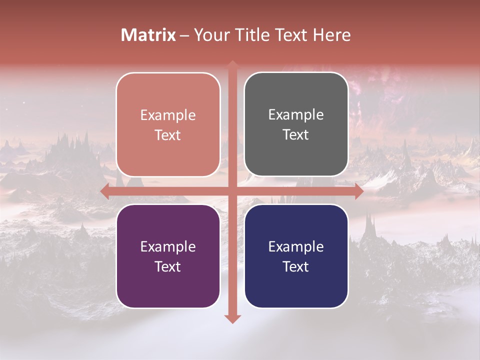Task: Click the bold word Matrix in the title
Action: coord(148,35)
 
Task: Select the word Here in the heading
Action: coord(331,35)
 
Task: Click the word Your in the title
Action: coord(209,35)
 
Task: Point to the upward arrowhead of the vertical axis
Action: coord(232,64)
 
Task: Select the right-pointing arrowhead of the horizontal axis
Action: coord(359,191)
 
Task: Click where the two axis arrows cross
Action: coord(232,191)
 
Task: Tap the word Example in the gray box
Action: coord(296,115)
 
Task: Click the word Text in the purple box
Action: coord(168,266)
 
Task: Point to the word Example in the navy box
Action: coord(296,246)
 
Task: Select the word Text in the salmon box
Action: coord(168,135)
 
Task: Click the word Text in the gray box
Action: coord(296,135)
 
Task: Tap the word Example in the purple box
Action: coord(168,246)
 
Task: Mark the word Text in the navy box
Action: coord(296,266)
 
